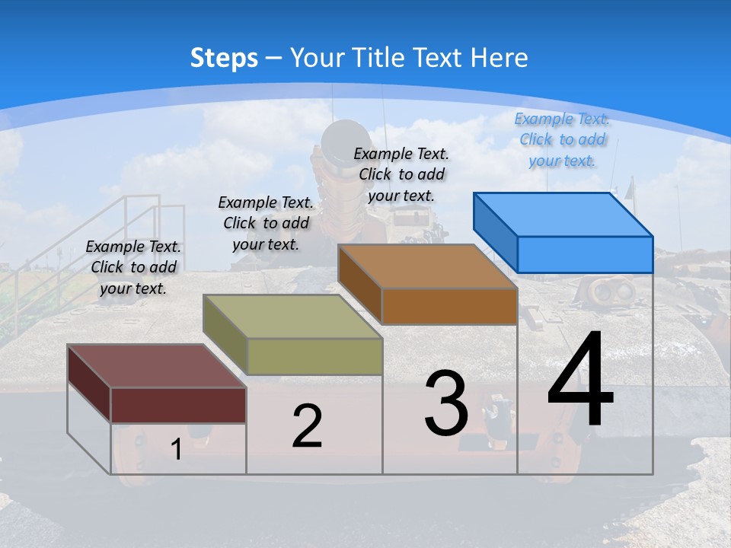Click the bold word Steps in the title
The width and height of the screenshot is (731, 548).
[224, 58]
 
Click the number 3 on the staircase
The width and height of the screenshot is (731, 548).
[445, 403]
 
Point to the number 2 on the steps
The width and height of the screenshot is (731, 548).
[307, 426]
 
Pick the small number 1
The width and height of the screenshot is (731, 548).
[176, 450]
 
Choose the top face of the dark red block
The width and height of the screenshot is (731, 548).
[157, 366]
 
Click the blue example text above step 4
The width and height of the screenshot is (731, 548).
[562, 140]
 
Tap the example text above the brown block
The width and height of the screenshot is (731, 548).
[401, 174]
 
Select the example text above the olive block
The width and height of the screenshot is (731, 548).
[266, 223]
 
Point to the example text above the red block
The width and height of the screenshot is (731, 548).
[133, 267]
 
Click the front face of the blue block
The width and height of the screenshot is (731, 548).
[585, 254]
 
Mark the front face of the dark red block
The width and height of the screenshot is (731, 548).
[178, 405]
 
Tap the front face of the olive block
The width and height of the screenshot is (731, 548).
[314, 356]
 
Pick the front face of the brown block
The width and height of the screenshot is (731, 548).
[449, 306]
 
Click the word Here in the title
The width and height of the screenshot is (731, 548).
[500, 58]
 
